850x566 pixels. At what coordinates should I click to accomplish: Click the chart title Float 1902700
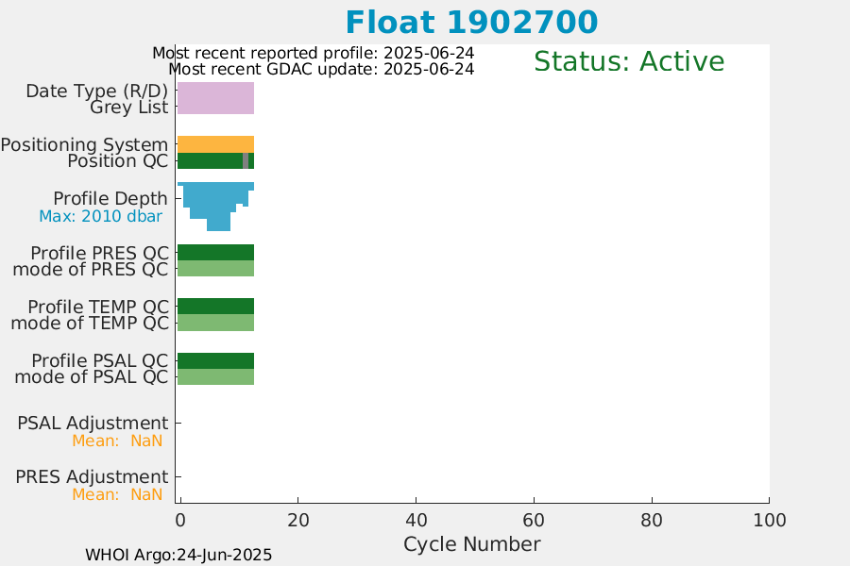471,23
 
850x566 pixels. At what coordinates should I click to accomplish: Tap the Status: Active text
629,61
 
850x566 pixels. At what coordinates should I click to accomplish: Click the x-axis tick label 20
298,521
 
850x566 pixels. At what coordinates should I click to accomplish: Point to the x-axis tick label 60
534,521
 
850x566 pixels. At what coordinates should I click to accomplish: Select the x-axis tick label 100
769,521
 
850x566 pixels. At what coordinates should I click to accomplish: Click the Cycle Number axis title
471,544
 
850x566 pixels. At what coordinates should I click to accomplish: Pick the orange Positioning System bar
215,144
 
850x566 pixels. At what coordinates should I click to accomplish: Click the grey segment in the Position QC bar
246,161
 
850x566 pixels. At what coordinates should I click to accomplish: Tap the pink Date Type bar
215,98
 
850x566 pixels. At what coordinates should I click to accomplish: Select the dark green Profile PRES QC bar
215,253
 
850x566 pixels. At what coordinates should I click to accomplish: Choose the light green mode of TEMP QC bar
215,323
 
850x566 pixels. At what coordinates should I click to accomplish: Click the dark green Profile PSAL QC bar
215,360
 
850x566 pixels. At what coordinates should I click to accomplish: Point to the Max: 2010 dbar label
100,216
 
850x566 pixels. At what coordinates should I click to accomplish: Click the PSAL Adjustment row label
93,423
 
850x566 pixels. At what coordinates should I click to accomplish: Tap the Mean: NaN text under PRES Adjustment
117,494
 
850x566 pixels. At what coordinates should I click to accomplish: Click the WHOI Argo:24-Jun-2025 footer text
178,556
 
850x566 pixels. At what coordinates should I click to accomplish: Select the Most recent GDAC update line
321,69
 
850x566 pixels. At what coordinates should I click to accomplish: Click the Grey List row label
129,108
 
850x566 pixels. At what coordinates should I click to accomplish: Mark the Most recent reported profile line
314,53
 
